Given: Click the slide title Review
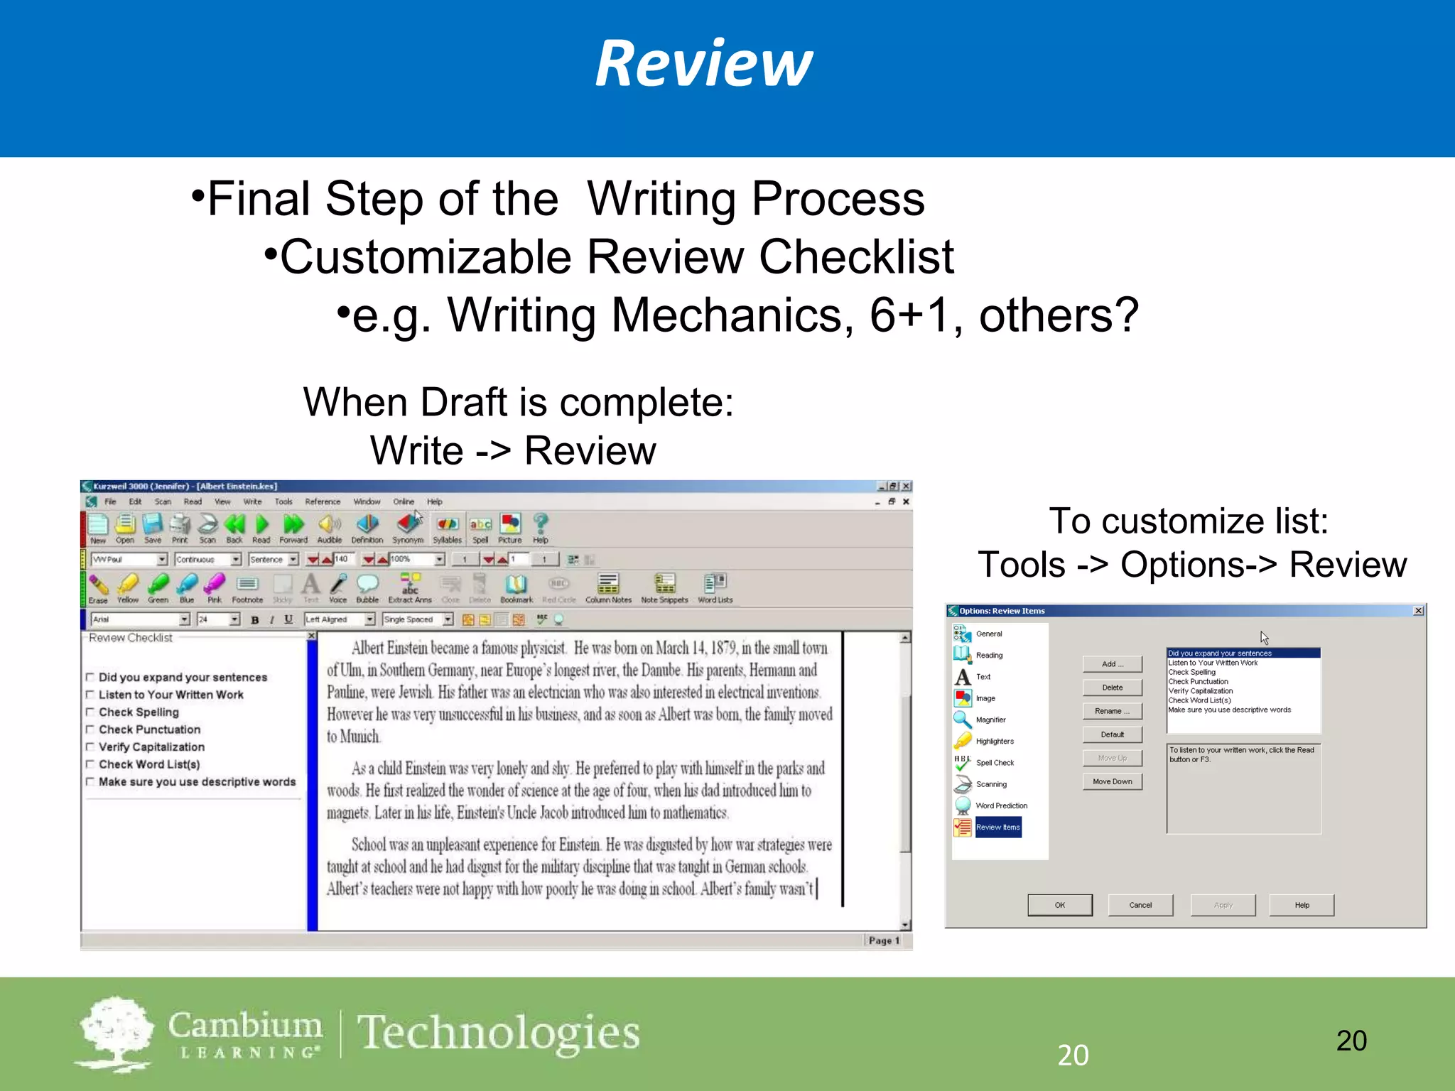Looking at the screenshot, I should [703, 64].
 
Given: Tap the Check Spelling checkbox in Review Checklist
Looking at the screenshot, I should [90, 712].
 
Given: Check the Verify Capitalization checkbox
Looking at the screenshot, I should [90, 747].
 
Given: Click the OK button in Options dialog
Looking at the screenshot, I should [1059, 905].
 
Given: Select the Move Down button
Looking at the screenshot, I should [1112, 781].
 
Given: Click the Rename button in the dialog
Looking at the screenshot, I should [1112, 711].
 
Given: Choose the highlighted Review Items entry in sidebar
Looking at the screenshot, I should [997, 827].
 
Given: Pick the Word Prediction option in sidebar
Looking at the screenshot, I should [1001, 805].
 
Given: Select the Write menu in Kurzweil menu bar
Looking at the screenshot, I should [252, 501].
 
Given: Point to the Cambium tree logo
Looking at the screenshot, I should [115, 1033].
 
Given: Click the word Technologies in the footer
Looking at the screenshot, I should [498, 1033].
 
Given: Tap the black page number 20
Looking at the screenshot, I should [1351, 1041].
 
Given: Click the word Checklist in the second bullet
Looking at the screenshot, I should [856, 256].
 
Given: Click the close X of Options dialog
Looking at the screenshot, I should [1418, 611].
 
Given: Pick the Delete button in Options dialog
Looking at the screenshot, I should [1112, 688].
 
